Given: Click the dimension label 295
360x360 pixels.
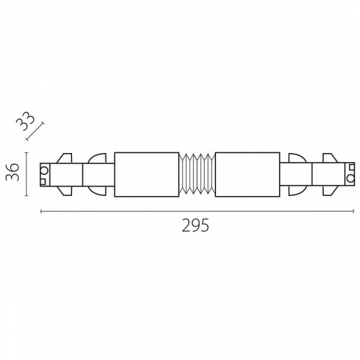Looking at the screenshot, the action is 195,225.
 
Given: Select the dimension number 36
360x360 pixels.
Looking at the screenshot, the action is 12,172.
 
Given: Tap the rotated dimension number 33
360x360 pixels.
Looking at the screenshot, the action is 26,122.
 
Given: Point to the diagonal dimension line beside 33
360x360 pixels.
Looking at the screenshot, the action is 35,132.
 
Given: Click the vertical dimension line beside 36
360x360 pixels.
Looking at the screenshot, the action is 26,174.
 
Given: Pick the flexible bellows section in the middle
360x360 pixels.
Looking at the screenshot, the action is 197,174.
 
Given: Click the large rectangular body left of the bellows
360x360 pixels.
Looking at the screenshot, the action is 147,174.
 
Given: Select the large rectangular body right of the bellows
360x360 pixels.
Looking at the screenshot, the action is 248,174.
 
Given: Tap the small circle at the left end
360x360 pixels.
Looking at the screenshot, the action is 44,171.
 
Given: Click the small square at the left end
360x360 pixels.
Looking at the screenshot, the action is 43,182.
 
